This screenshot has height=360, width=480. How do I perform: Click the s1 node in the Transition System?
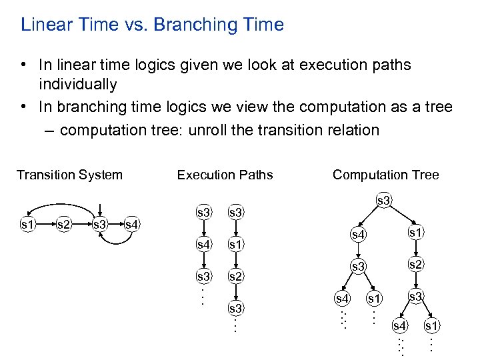point(28,224)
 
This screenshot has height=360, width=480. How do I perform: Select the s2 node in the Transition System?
point(64,224)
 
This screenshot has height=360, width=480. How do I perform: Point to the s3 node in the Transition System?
point(100,224)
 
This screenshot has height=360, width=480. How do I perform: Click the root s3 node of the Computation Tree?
point(383,200)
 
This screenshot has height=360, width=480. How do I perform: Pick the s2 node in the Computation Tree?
point(415,265)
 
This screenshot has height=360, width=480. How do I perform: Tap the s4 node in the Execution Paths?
point(203,244)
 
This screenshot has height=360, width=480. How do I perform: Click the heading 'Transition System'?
point(69,175)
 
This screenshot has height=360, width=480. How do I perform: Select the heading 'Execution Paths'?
point(225,175)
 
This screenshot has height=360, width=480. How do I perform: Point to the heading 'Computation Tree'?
point(385,175)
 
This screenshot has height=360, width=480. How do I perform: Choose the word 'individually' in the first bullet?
point(77,85)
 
